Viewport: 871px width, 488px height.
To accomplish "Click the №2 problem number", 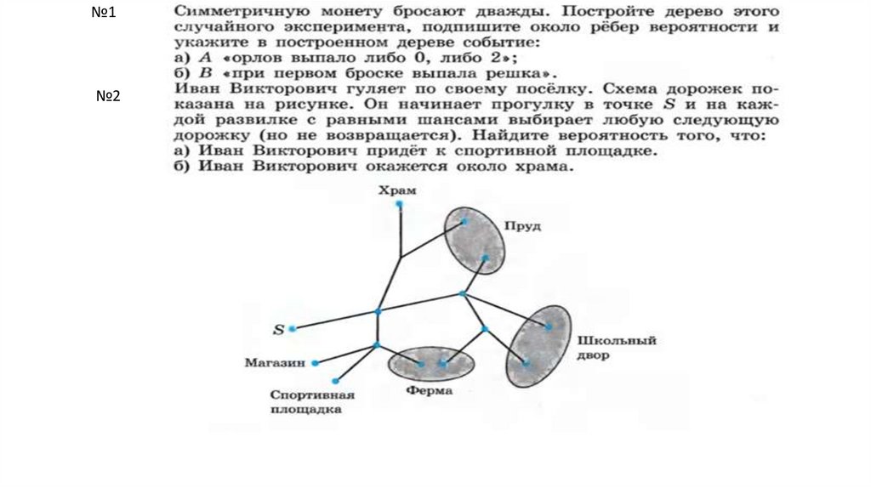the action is pos(108,96).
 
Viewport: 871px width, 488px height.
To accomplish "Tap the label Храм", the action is pos(398,190).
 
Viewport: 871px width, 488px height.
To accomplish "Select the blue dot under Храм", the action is pos(399,205).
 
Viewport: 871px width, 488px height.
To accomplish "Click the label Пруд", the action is pos(523,226).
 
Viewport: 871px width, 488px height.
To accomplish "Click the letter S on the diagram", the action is pos(277,329).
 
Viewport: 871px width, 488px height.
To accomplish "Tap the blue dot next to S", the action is pos(293,328).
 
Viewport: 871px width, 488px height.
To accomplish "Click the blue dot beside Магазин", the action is pos(316,363).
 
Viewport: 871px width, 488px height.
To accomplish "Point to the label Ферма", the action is pos(429,391).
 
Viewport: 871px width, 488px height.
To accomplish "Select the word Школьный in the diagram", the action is pos(617,341).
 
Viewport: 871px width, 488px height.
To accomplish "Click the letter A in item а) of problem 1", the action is pos(205,57).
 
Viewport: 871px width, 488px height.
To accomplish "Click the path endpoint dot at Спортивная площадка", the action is pos(337,381).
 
